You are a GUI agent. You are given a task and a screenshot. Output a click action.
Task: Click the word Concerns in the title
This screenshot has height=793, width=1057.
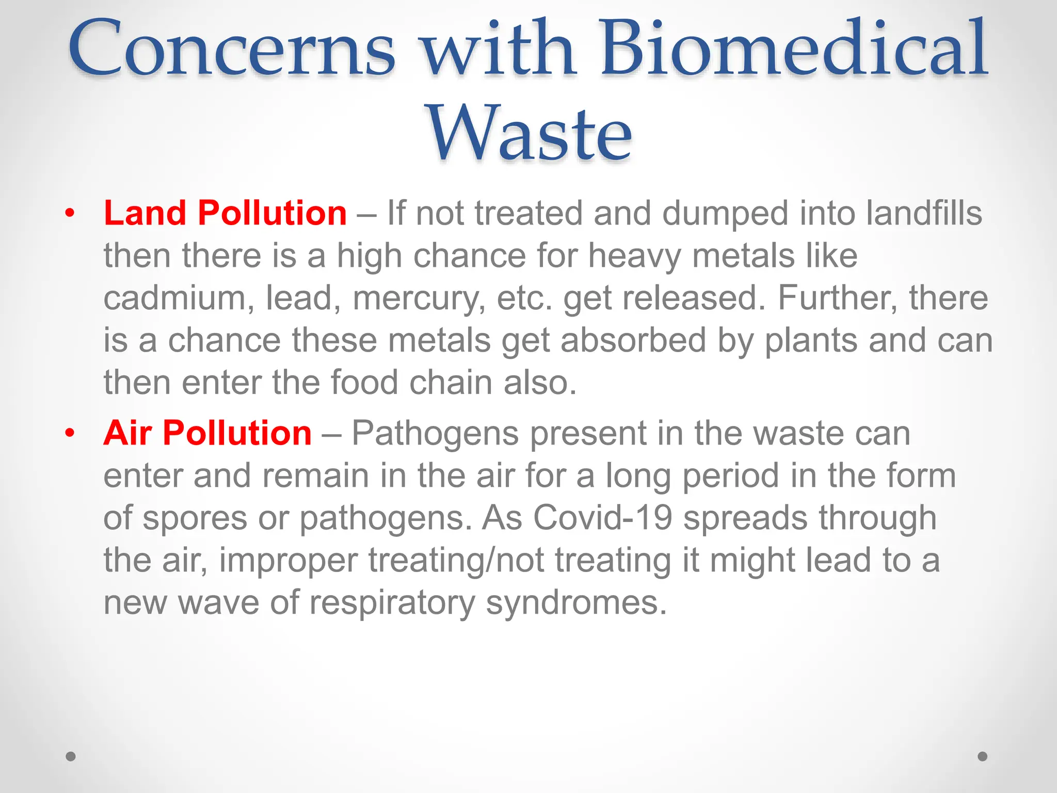pos(232,49)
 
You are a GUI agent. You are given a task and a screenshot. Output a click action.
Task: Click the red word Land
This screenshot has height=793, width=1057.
pos(145,213)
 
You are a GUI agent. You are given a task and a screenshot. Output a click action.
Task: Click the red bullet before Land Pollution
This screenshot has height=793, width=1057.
pos(70,213)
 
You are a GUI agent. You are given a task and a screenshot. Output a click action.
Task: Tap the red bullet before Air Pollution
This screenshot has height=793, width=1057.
pos(70,433)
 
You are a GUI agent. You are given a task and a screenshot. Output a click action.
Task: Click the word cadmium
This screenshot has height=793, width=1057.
pos(174,298)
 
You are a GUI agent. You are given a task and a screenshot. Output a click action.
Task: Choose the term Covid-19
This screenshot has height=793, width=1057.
pos(602,518)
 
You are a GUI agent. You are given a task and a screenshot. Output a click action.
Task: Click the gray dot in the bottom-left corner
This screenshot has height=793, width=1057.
pos(71,756)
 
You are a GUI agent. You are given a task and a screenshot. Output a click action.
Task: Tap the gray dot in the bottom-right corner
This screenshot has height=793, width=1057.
pos(983,756)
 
